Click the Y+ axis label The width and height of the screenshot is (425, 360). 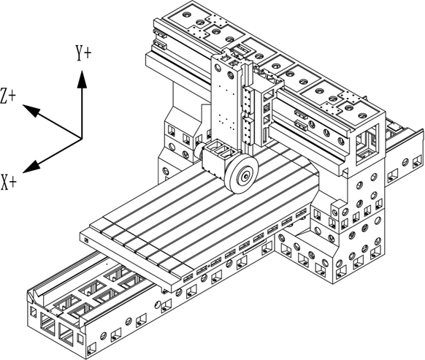[84, 53]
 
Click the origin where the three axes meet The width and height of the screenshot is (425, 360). [81, 138]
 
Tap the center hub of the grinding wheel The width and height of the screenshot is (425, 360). [246, 175]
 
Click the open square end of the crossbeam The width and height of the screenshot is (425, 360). [368, 139]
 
